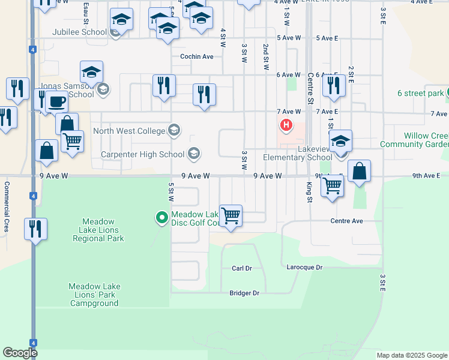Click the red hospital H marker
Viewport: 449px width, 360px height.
(x=286, y=125)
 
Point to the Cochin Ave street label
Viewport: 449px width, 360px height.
(x=197, y=57)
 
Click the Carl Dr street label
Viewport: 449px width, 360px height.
(x=241, y=268)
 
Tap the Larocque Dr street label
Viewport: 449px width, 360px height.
(x=304, y=267)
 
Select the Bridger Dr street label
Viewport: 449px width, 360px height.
(x=244, y=293)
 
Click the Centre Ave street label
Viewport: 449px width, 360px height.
(x=346, y=221)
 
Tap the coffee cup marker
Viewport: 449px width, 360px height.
(x=57, y=102)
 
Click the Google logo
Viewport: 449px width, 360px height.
(x=20, y=353)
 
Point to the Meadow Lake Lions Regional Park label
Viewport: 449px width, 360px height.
(x=98, y=230)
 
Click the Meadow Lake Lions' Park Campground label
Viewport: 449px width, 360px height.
(x=94, y=295)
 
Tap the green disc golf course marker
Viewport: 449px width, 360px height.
(x=161, y=217)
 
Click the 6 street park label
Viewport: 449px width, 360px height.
(x=420, y=93)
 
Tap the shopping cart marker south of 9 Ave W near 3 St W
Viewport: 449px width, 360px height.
(x=231, y=215)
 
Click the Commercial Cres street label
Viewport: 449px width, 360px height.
(x=7, y=207)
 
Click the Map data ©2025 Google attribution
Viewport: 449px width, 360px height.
(x=412, y=355)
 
